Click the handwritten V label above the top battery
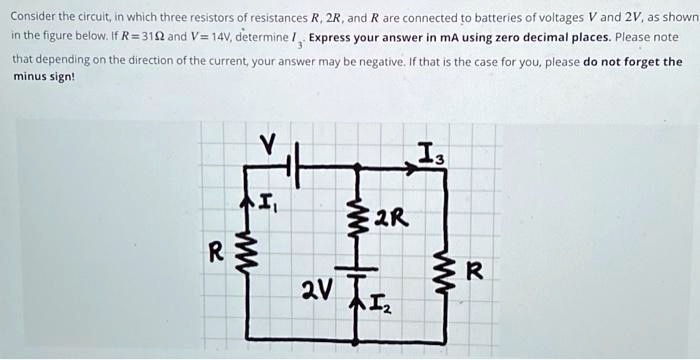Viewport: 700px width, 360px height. coord(267,145)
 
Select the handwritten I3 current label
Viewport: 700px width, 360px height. coord(432,153)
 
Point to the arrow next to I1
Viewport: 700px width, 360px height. coord(247,204)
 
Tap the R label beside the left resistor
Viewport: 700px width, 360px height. coord(214,252)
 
